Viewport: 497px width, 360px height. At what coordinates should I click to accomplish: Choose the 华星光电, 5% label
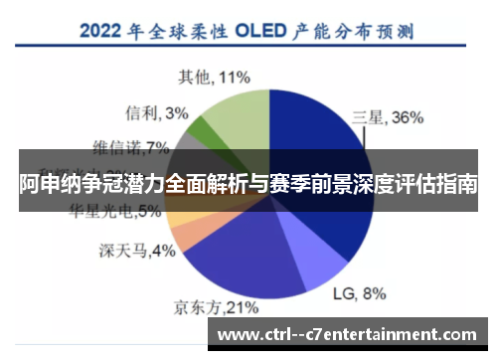click(x=116, y=211)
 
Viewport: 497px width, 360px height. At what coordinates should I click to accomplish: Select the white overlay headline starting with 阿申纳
click(x=248, y=185)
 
